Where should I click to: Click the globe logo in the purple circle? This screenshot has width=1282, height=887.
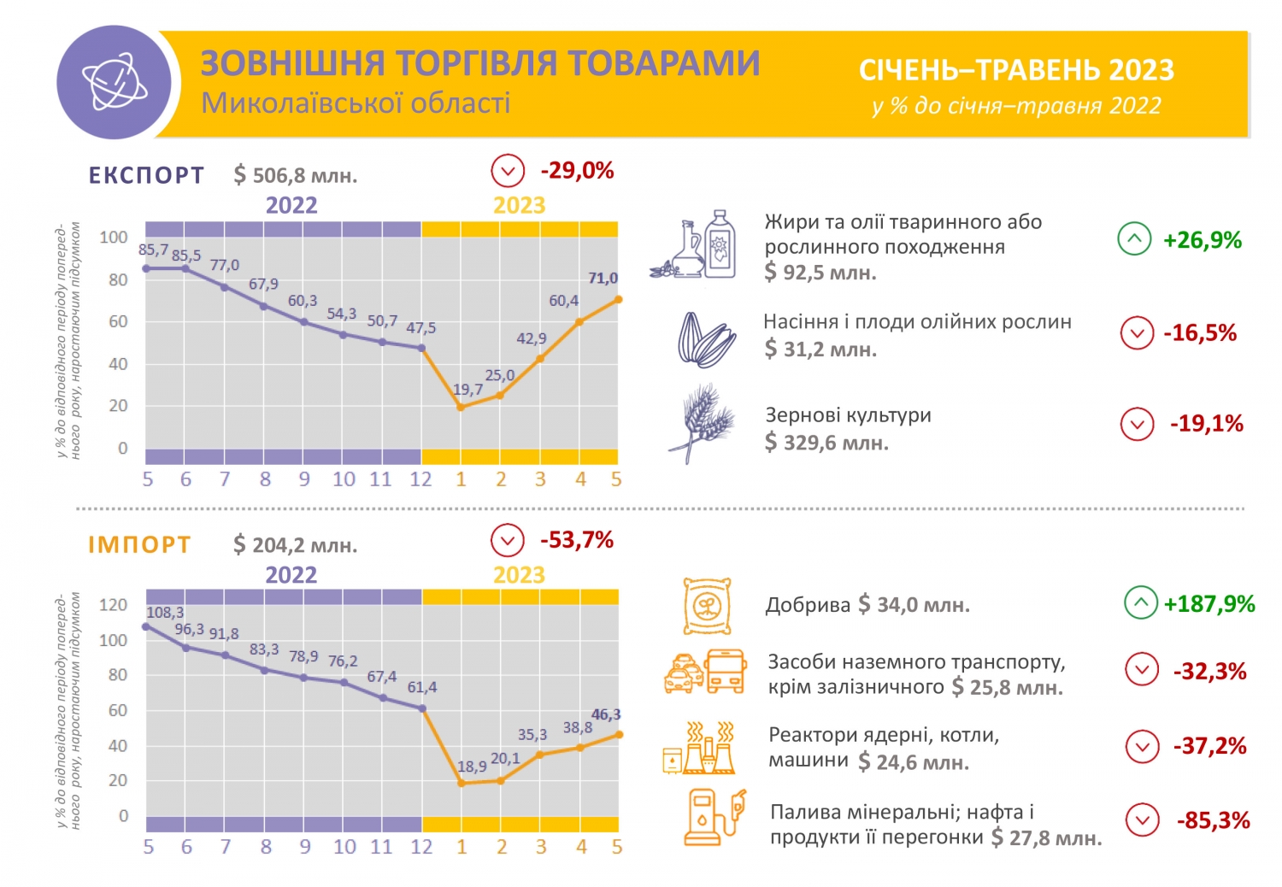point(114,82)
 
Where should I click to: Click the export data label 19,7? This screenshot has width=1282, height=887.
point(468,390)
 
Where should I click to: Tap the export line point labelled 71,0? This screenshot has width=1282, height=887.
point(618,299)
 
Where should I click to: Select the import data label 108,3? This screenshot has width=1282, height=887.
point(165,613)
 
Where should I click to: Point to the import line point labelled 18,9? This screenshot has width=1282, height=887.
point(462,783)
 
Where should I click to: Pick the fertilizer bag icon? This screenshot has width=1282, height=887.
point(707,606)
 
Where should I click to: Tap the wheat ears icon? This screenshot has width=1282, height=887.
point(702,424)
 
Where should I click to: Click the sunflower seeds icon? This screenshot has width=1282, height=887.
point(706,339)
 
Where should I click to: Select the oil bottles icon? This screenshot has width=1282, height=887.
point(694,245)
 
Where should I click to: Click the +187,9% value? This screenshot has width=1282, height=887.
point(1209,604)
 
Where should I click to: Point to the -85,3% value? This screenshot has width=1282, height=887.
point(1214,820)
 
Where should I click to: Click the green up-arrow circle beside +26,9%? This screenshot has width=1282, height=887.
point(1134,239)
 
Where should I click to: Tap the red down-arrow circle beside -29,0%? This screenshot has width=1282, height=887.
point(508,170)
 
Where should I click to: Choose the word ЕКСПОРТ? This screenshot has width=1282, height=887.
point(147,175)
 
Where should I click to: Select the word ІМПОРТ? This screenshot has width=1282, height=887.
point(139,545)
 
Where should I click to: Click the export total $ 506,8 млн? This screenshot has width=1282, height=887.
point(296,176)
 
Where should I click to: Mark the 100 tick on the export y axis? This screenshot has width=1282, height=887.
point(114,238)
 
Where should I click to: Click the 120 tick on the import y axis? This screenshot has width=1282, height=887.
point(114,605)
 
